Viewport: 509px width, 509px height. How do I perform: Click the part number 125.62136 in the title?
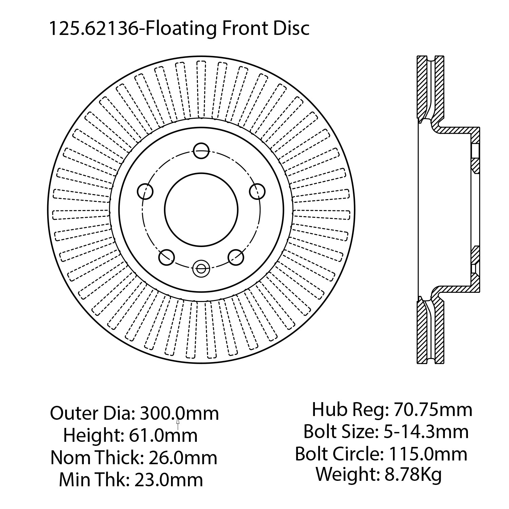tap(93, 28)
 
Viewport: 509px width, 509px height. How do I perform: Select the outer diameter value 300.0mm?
tap(180, 413)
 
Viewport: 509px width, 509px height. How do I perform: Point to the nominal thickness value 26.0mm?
tap(183, 457)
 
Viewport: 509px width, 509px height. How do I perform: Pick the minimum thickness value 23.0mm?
tap(169, 479)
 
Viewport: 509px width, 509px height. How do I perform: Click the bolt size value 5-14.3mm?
tap(426, 432)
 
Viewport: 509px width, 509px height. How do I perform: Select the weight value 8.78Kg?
tap(413, 474)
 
